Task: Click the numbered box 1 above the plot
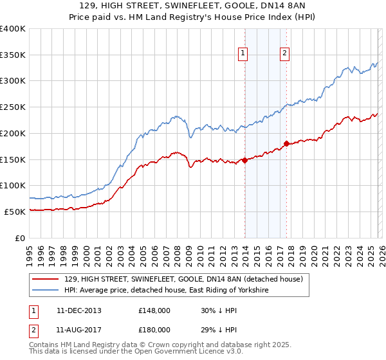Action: (244, 54)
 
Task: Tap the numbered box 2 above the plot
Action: (284, 54)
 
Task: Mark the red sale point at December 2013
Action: (244, 161)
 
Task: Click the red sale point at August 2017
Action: (286, 144)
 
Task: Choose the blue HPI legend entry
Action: (166, 291)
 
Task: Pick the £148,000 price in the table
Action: (154, 310)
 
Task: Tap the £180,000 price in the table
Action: (154, 329)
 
